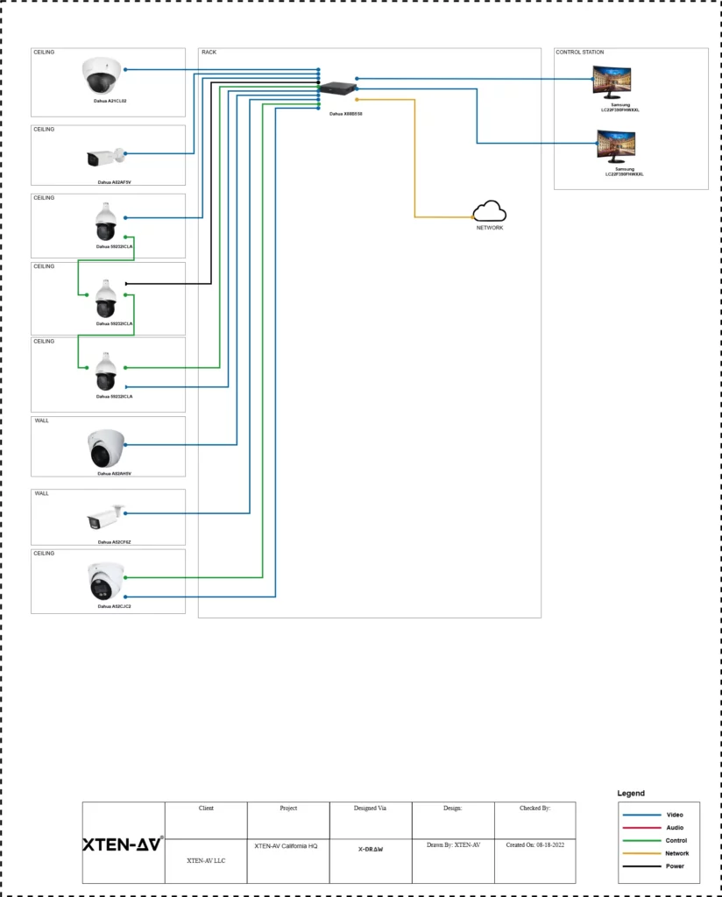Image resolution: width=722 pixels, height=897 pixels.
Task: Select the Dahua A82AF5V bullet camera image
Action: click(106, 158)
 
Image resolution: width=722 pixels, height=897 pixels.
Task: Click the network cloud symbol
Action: click(490, 211)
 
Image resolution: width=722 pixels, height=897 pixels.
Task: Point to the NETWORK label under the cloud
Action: click(490, 228)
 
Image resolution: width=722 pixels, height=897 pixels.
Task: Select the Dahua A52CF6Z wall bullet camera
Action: click(106, 518)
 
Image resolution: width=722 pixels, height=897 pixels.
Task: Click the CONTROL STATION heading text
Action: click(580, 53)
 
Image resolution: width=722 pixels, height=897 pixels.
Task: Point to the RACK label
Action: click(209, 53)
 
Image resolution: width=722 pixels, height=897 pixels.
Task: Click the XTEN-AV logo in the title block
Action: click(123, 845)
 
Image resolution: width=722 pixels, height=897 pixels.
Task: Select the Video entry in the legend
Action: click(675, 815)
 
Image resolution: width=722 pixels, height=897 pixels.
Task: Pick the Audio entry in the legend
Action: click(675, 828)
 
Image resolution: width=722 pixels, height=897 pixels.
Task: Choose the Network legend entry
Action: click(676, 853)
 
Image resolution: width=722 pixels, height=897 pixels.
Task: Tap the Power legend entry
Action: click(675, 866)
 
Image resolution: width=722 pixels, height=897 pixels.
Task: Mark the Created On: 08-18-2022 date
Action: click(534, 845)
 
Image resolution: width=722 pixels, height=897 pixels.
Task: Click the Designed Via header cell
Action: click(371, 809)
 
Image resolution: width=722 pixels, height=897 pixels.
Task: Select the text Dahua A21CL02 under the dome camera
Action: click(111, 102)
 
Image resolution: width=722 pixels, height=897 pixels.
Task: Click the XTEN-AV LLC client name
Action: click(206, 861)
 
